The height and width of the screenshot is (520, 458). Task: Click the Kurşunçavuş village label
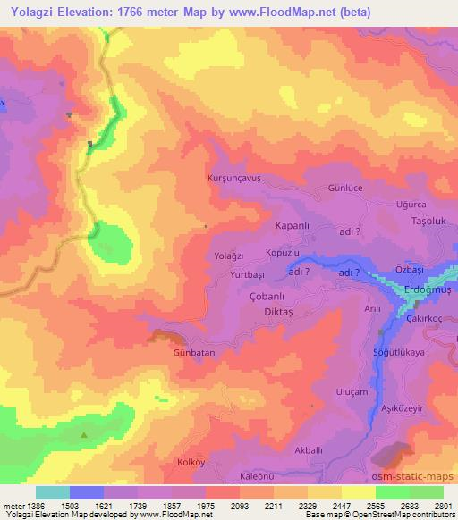coord(233,178)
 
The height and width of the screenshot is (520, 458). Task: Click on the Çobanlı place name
coord(244,297)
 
